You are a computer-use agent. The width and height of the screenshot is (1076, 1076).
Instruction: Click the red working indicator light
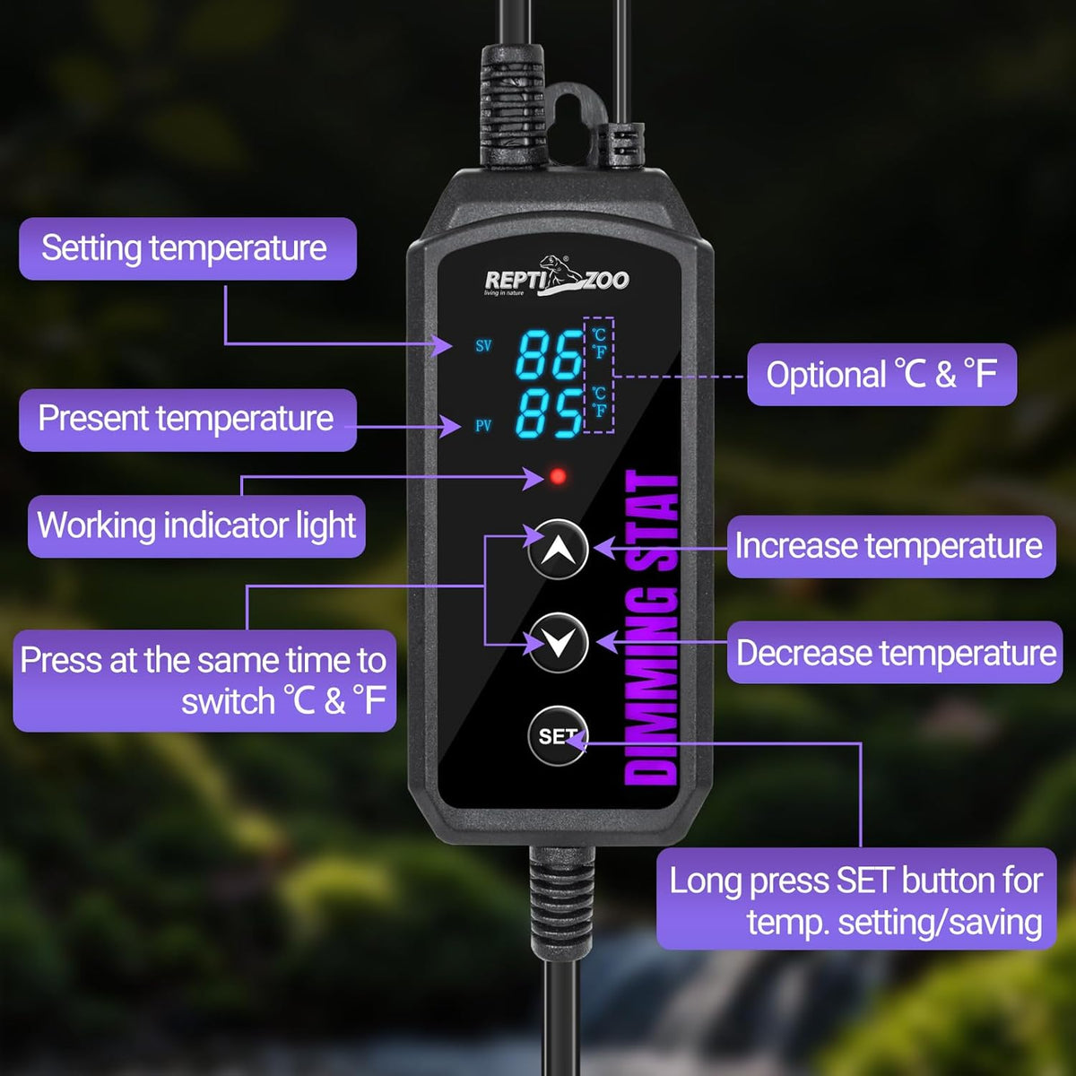point(558,476)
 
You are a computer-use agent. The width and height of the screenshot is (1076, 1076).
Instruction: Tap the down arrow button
point(558,642)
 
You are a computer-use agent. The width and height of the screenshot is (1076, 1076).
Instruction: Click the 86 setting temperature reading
point(549,354)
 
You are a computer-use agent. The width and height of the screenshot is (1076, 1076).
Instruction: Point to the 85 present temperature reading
point(549,413)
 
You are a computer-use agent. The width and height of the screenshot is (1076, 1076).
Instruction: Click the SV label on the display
point(483,345)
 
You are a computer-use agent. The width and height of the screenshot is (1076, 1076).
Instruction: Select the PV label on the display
point(483,426)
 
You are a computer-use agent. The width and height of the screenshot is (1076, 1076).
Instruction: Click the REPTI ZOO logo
point(556,276)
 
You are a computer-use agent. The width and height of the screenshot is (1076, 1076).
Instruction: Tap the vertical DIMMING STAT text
point(651,629)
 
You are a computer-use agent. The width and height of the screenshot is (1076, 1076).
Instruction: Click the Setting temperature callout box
point(187,248)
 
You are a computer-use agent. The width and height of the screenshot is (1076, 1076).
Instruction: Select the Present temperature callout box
point(187,420)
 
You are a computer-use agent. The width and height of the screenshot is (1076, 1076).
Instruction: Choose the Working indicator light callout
point(196,526)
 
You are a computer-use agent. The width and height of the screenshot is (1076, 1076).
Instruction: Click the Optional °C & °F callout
point(881,374)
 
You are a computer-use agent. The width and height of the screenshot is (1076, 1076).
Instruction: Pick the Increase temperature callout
point(891,546)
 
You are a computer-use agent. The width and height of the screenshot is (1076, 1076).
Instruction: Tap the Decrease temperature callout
point(895,652)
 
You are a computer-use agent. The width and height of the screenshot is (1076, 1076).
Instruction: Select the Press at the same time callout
point(204,681)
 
